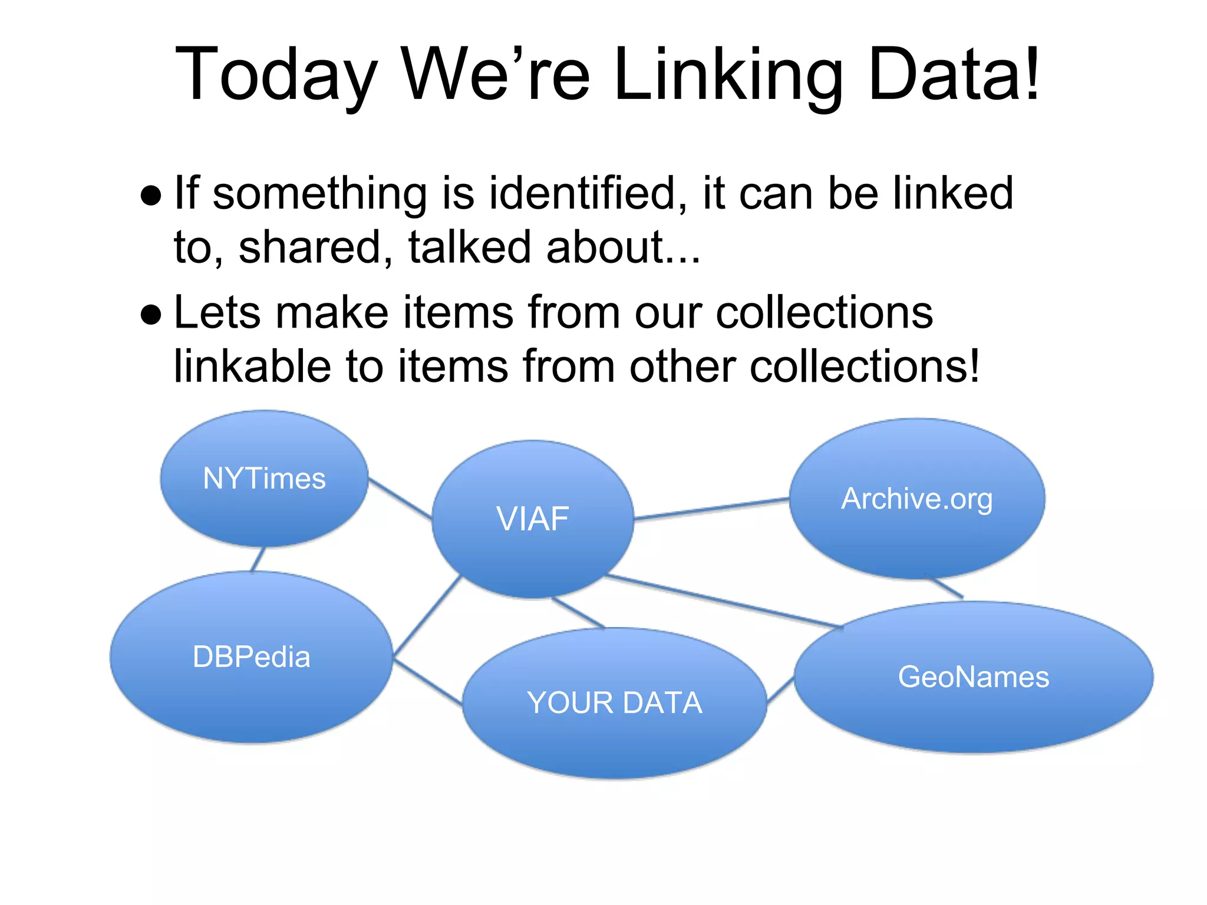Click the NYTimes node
[264, 478]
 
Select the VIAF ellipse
[533, 519]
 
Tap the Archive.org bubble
[916, 499]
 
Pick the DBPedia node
[252, 657]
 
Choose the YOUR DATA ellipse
[615, 703]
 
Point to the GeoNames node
[974, 677]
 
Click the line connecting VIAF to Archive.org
[711, 509]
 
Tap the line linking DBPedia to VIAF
[427, 616]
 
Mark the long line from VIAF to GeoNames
[725, 601]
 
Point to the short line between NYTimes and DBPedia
[258, 559]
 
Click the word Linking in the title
[728, 75]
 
